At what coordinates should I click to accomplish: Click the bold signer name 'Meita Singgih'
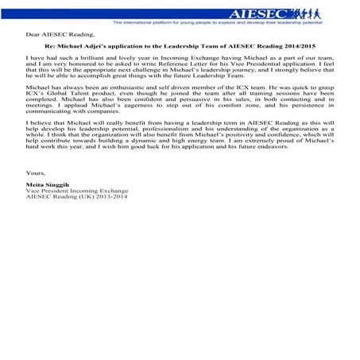pyautogui.click(x=49, y=234)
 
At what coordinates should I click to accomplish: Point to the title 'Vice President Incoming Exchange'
pyautogui.click(x=72, y=242)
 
